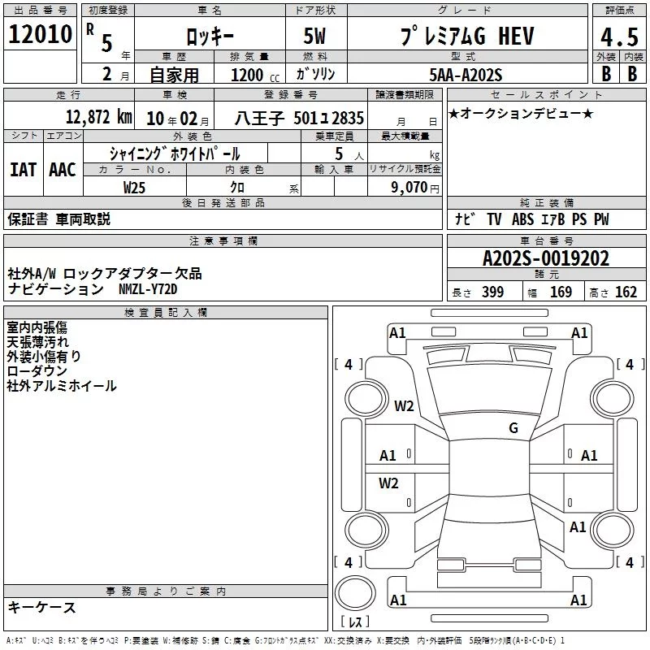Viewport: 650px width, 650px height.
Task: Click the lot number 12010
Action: pos(40,34)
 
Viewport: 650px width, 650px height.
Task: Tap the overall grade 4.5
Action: pos(619,37)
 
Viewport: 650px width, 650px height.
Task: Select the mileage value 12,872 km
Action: pos(98,117)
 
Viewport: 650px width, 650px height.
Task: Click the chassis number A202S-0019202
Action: pos(546,258)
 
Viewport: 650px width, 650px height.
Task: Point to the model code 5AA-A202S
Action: pos(466,75)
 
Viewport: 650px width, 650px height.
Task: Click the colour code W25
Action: pos(134,188)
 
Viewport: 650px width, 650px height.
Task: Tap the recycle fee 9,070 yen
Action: pos(415,188)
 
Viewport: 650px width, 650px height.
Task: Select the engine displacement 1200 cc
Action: pos(255,75)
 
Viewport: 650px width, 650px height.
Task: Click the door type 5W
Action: pos(314,36)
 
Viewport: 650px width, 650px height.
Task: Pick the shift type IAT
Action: pos(23,170)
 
